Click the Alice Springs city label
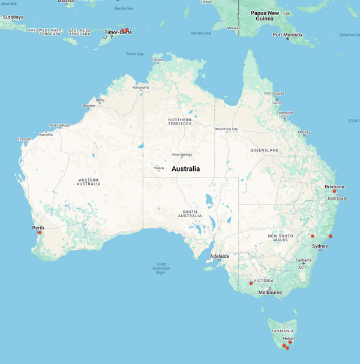pyautogui.click(x=182, y=155)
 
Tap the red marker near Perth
pyautogui.click(x=40, y=233)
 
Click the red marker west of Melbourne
pyautogui.click(x=251, y=283)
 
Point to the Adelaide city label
pyautogui.click(x=219, y=256)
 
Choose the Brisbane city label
pyautogui.click(x=335, y=186)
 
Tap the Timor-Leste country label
pyautogui.click(x=118, y=32)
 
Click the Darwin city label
pyautogui.click(x=158, y=60)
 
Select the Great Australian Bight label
pyautogui.click(x=161, y=267)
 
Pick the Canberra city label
pyautogui.click(x=304, y=260)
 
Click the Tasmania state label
pyautogui.click(x=282, y=330)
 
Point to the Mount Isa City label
pyautogui.click(x=227, y=129)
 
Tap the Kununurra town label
pyautogui.click(x=141, y=88)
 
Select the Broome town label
pyautogui.click(x=89, y=106)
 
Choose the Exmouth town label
pyautogui.click(x=24, y=139)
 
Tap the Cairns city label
pyautogui.click(x=276, y=103)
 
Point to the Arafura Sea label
pyautogui.click(x=200, y=33)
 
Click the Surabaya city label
pyautogui.click(x=13, y=17)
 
